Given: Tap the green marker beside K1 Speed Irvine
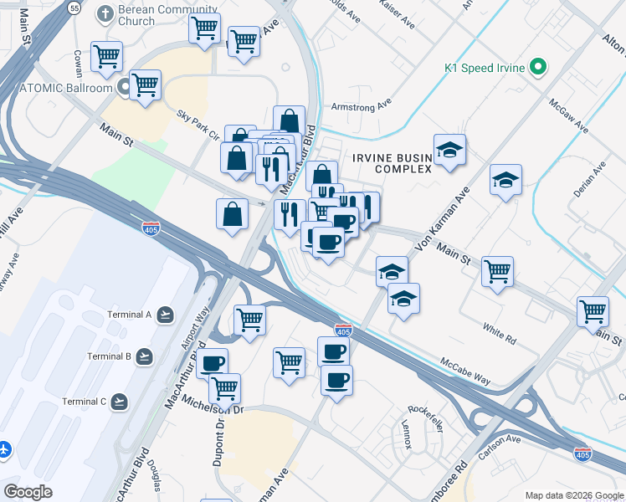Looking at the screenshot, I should point(539,66).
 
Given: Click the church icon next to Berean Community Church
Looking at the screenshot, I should point(104,13).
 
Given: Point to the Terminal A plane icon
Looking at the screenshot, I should point(166,315).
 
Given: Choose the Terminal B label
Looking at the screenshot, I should point(110,356).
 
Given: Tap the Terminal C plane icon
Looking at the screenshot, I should point(121,402).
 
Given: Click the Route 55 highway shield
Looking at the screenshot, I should point(75,8).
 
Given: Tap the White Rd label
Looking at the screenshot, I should point(499,334).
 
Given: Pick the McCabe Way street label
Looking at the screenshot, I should point(465,368).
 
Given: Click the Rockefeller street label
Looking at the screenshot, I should point(424,419).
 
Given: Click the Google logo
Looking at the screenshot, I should point(28,492).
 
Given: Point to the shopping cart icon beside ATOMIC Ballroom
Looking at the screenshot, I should point(145,84).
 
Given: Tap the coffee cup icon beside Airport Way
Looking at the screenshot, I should point(213,363).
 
